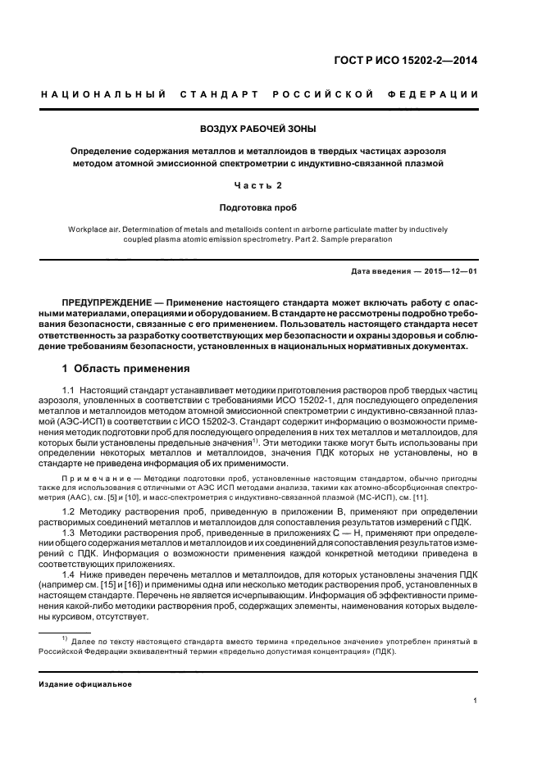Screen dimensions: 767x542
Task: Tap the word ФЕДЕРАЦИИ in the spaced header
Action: click(x=440, y=95)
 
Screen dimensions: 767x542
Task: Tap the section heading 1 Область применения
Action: click(x=126, y=368)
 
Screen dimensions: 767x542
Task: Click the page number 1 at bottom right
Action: click(x=476, y=701)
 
